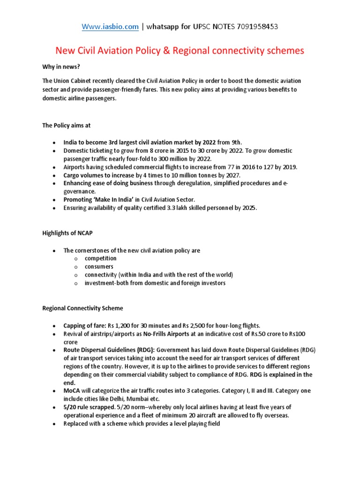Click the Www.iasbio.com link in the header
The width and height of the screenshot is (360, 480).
point(110,27)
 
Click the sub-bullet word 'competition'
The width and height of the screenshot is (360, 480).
point(100,258)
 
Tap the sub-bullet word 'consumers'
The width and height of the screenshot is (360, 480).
point(99,267)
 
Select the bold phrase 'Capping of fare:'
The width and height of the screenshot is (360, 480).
point(85,325)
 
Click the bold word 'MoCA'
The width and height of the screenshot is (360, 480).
point(72,391)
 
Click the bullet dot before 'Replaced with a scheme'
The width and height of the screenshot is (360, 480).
point(54,424)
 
